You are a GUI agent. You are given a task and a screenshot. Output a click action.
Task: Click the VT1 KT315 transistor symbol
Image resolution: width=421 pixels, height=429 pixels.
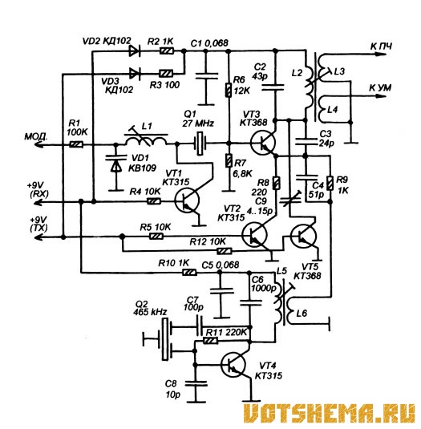point(187,200)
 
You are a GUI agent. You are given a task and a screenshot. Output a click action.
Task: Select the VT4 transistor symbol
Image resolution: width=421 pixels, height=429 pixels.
point(233,364)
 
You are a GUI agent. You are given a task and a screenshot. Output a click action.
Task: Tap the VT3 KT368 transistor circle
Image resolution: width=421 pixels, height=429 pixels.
point(263,143)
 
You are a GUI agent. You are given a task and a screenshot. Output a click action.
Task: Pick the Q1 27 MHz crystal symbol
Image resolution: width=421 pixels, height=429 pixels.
point(200,143)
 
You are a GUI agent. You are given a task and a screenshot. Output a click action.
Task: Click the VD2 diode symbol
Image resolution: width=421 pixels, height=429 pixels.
point(135,51)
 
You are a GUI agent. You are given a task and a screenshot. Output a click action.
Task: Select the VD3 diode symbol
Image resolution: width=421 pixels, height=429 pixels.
point(135,73)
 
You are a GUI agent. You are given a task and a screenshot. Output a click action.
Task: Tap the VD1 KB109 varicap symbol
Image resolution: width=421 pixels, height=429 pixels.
point(116,163)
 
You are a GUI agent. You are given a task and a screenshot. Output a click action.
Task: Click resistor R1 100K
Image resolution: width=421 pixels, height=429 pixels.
point(76,144)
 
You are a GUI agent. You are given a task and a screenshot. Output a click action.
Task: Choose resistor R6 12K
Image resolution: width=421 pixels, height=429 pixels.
point(229,90)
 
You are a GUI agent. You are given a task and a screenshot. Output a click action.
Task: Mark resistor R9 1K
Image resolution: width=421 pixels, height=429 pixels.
point(330,184)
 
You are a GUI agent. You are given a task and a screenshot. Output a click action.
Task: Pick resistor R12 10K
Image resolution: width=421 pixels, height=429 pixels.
point(225,251)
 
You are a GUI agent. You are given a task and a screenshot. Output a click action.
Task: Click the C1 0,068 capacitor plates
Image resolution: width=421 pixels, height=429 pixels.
point(207,76)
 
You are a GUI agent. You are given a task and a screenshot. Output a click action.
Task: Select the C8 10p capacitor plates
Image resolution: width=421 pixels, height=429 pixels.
point(196,383)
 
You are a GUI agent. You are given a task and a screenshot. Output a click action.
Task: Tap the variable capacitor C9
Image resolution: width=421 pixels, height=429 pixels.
point(290,200)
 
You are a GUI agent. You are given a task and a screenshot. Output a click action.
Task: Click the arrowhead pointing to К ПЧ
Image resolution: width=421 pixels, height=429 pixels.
point(381,55)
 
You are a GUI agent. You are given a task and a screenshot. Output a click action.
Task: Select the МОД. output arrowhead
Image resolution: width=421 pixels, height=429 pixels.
point(39,144)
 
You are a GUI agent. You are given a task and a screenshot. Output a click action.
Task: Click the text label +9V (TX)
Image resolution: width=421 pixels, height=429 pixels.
point(38,224)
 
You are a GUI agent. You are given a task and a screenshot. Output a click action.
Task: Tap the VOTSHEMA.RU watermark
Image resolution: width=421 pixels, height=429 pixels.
point(330,415)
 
